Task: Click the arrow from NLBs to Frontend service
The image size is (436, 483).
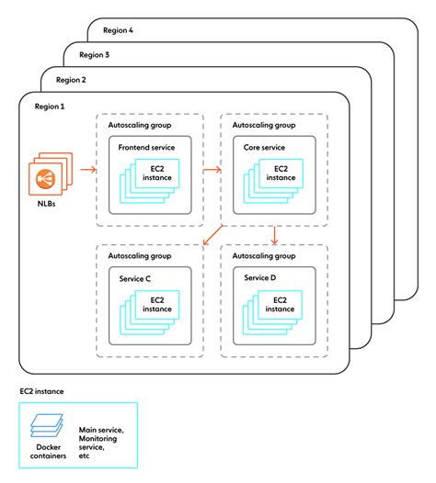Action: [x=88, y=169]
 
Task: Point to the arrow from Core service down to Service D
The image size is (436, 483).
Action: [x=275, y=235]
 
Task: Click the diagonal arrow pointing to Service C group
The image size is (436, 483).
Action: [x=212, y=235]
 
